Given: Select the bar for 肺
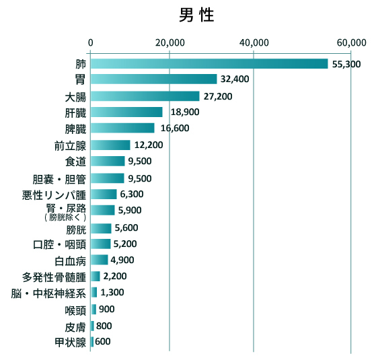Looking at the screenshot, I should tap(209, 64).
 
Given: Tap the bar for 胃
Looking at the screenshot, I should tap(153, 79).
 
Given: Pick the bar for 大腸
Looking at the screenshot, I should tap(145, 96).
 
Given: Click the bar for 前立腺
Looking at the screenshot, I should tap(110, 145).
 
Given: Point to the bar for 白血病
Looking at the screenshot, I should tap(99, 260).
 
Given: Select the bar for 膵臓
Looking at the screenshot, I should tap(122, 129).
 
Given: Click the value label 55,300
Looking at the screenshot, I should tap(346, 64).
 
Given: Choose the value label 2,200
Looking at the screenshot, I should tap(115, 277).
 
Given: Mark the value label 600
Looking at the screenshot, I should tap(103, 342).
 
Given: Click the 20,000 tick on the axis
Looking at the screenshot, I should tap(169, 42).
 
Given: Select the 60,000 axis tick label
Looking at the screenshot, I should tap(351, 42).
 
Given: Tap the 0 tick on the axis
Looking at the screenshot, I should tap(90, 42).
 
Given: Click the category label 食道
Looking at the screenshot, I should tap(75, 161).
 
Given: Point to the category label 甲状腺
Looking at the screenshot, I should tap(70, 343).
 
